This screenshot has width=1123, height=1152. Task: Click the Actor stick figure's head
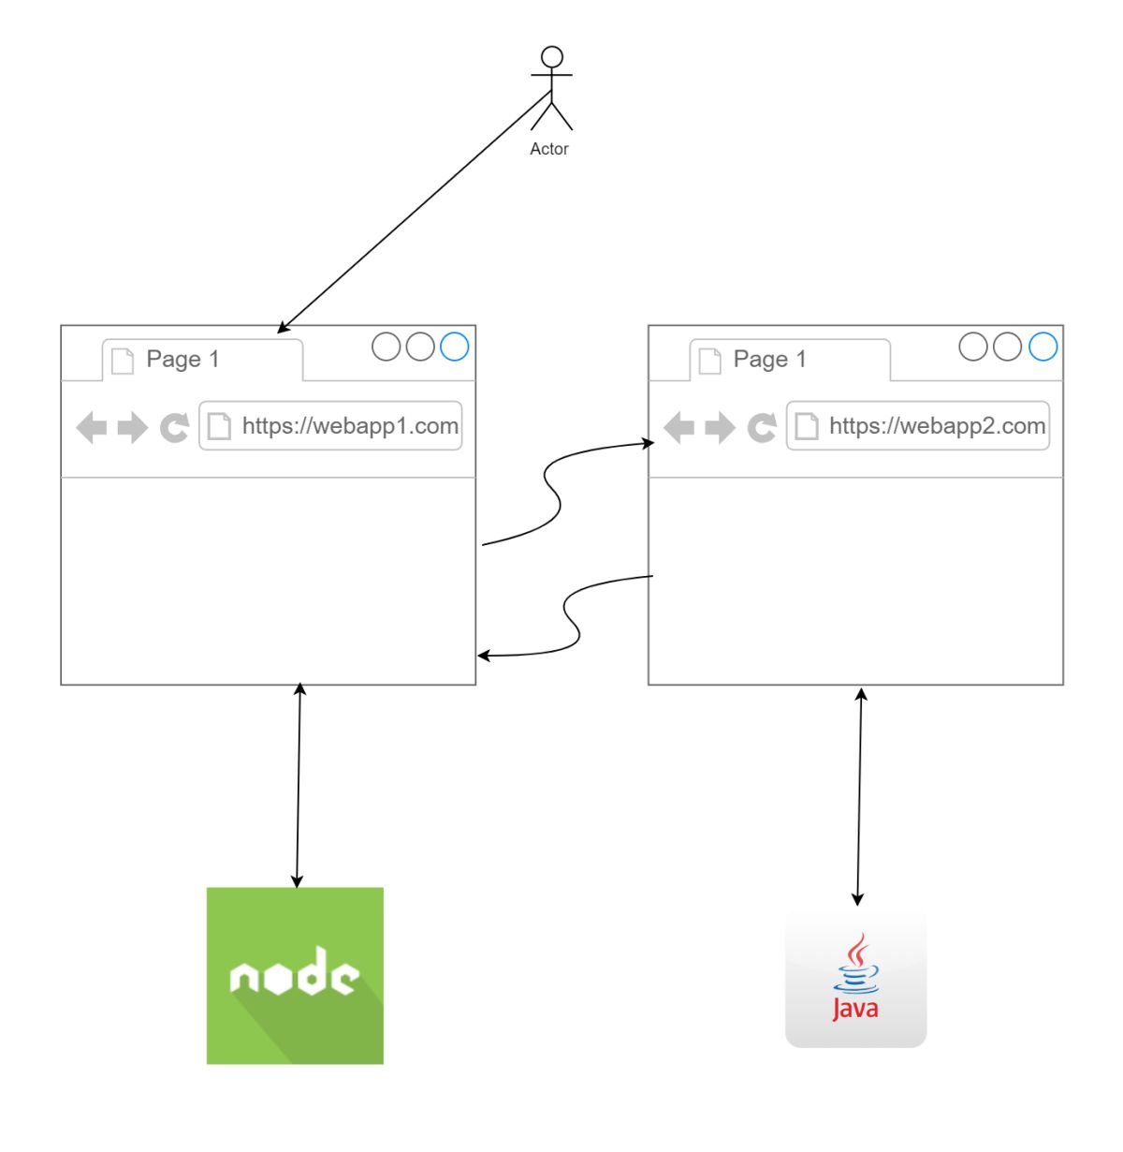click(552, 56)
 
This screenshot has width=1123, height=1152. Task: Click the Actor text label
click(549, 149)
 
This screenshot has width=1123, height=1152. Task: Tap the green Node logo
click(295, 975)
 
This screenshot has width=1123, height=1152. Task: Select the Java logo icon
click(855, 977)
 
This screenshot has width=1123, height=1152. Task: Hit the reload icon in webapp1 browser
click(174, 428)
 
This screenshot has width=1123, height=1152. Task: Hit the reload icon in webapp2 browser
click(762, 428)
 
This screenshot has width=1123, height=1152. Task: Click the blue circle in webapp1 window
click(454, 347)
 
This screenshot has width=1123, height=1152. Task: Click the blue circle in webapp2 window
click(1043, 347)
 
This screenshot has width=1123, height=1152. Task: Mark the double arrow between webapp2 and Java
click(859, 796)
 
